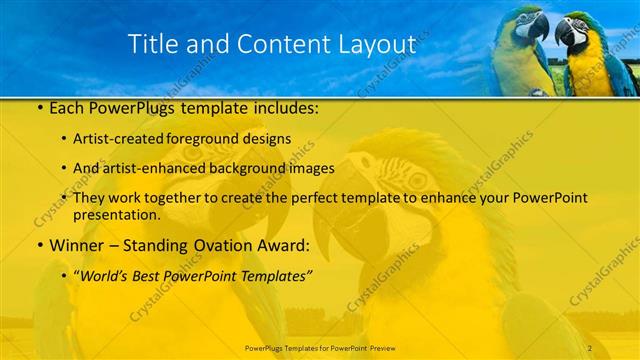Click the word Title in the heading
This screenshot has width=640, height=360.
click(157, 44)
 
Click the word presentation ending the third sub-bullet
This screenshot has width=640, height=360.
click(116, 215)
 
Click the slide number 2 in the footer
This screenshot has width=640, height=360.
click(590, 347)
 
